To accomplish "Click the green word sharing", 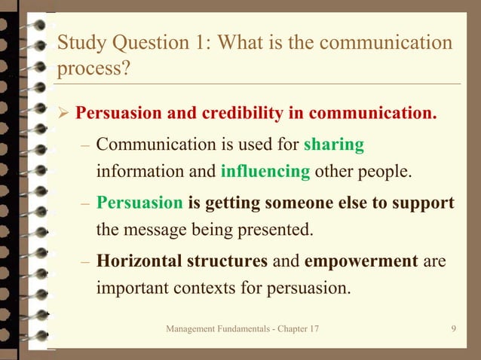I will tap(333, 143).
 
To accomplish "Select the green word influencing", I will tap(265, 171).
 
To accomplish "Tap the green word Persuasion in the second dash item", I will tap(139, 203).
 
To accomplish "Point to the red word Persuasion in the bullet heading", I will tap(119, 114).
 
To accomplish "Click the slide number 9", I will tap(452, 330).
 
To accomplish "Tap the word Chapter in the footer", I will tap(288, 330).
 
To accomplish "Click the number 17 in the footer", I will tap(312, 330).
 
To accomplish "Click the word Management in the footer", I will tap(191, 330).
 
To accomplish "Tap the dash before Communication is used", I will tap(86, 144).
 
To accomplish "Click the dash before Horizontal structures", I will tap(86, 262).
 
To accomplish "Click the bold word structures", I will tap(227, 261).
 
